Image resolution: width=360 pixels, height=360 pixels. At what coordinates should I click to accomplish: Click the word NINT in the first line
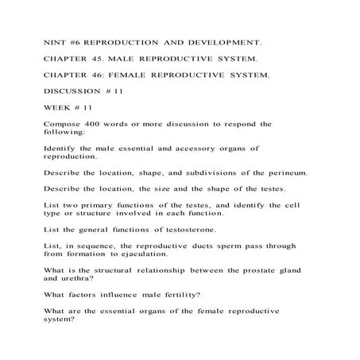point(53,38)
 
